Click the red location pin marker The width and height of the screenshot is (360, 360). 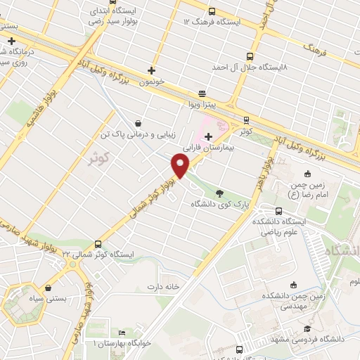point(181,166)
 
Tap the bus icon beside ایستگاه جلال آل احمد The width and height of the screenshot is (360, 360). point(250,56)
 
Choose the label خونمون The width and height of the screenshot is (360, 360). point(151,82)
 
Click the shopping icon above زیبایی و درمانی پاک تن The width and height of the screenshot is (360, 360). point(138,122)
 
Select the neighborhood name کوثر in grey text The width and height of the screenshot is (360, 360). point(102,157)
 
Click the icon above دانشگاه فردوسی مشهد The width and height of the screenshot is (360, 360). point(307,328)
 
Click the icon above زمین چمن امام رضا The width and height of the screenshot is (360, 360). point(307,174)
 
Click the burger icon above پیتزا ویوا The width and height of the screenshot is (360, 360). point(202,94)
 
